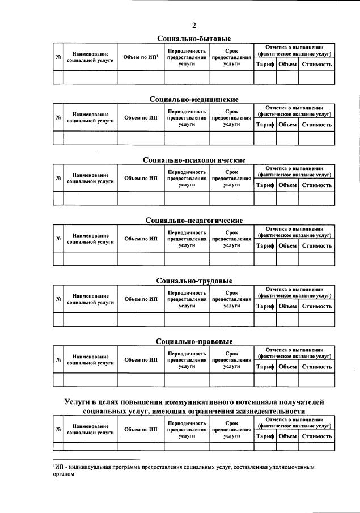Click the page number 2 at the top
tap(194, 25)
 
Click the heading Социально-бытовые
tap(194, 39)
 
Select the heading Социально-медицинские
tap(194, 99)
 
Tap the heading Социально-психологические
tap(194, 160)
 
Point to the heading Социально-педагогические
tap(194, 220)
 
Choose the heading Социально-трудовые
tap(194, 281)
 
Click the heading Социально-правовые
tap(194, 341)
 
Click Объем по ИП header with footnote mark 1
tap(141, 57)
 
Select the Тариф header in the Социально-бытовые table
tap(265, 64)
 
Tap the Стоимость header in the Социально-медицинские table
tap(316, 125)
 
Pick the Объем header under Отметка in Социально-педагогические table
tap(287, 245)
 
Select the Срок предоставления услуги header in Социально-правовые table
tap(231, 360)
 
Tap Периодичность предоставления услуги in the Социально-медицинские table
tap(187, 118)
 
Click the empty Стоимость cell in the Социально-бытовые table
tap(316, 78)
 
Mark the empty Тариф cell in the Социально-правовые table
tap(265, 380)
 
